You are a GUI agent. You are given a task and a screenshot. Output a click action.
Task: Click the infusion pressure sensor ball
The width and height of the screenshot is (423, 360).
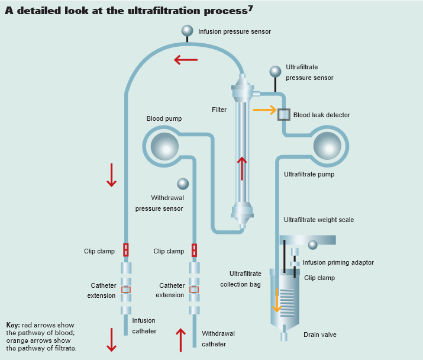click(x=187, y=31)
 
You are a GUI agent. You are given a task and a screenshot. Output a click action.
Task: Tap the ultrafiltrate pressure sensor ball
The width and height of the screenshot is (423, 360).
click(x=275, y=72)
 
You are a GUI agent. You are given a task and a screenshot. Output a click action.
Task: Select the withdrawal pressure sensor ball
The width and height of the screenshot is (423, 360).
click(x=183, y=184)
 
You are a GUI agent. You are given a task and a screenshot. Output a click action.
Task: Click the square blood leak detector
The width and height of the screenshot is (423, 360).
click(x=284, y=114)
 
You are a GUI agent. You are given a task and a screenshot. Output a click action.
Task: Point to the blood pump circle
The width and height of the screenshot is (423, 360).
click(x=164, y=146)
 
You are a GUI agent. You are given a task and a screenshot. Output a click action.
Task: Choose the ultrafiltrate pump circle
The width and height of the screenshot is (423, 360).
click(x=327, y=146)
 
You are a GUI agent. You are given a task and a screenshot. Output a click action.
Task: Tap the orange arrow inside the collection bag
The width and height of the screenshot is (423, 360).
click(x=276, y=300)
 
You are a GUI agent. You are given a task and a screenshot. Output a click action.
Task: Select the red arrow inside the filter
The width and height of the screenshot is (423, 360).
click(x=241, y=168)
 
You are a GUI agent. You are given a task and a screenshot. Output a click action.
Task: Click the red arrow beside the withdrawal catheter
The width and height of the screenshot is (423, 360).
click(x=181, y=339)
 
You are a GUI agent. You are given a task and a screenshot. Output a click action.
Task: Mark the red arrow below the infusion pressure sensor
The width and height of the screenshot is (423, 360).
click(x=186, y=60)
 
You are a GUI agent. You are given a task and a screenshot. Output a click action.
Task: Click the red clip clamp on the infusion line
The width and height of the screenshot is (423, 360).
click(x=126, y=250)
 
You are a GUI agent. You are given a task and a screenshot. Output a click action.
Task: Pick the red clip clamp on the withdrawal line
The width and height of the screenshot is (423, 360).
click(x=194, y=250)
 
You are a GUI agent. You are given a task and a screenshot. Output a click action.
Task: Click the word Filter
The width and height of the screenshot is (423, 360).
click(x=219, y=110)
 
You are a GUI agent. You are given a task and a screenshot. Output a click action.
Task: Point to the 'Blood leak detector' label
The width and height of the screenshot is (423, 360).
click(x=321, y=115)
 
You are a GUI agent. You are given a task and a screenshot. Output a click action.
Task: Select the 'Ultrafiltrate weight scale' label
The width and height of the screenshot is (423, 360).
click(x=318, y=220)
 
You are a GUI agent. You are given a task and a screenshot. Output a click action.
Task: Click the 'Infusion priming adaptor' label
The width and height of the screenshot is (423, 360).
click(x=338, y=262)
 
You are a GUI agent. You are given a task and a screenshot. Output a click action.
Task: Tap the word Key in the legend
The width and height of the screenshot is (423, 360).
click(x=13, y=325)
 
